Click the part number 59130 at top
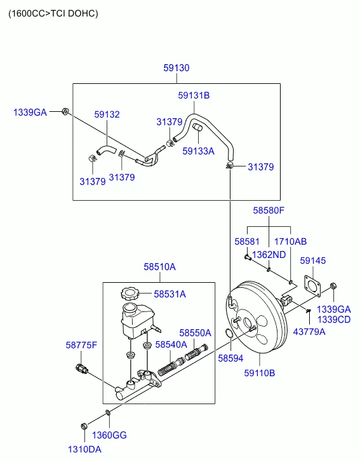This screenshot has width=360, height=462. (x=176, y=68)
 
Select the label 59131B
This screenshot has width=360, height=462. (x=193, y=96)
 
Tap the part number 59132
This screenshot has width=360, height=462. (x=107, y=115)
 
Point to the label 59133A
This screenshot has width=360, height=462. (x=198, y=151)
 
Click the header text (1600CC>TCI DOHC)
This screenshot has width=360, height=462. (x=53, y=13)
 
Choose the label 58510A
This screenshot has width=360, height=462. (x=159, y=267)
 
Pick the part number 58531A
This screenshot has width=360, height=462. (x=170, y=294)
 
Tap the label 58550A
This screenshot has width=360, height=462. (x=195, y=332)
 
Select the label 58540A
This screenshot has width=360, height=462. (x=171, y=344)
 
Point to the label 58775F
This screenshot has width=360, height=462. (x=81, y=345)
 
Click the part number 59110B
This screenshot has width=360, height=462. (x=259, y=373)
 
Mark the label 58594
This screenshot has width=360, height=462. (x=230, y=358)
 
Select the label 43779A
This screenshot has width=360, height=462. (x=309, y=331)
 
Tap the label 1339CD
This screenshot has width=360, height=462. (x=334, y=320)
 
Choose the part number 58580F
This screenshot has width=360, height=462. (x=269, y=210)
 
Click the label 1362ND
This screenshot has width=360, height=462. (x=269, y=255)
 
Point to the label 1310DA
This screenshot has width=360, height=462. (x=85, y=449)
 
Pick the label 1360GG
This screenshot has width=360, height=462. (x=110, y=435)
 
